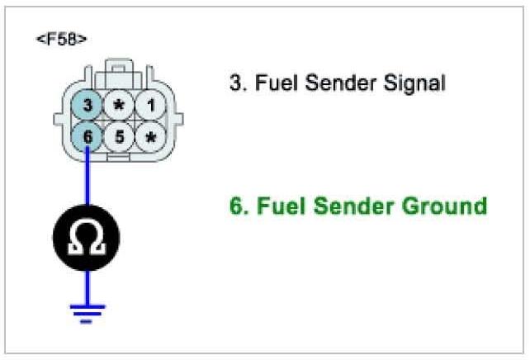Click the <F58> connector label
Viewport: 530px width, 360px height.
62,39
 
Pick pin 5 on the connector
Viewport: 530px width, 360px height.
119,136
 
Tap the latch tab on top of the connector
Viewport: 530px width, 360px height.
119,66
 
